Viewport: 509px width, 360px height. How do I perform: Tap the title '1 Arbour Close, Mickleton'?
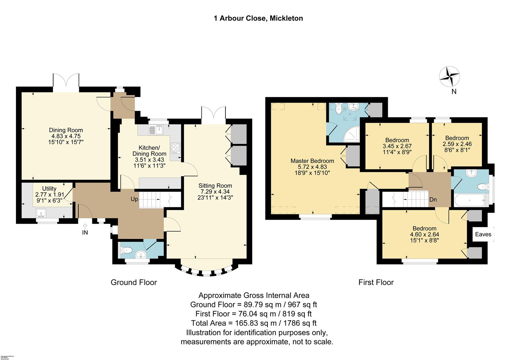[258, 18]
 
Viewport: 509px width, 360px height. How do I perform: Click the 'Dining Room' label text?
[66, 130]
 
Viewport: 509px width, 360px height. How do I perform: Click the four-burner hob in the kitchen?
[175, 148]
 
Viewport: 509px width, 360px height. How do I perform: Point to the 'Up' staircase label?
[134, 199]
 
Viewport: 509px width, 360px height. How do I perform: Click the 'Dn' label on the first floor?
[433, 200]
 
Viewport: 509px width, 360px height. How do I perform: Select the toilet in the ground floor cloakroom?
[126, 250]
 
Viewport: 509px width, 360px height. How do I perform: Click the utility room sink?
[42, 212]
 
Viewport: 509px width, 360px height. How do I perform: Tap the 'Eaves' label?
[483, 234]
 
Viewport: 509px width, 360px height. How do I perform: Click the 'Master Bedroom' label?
[312, 161]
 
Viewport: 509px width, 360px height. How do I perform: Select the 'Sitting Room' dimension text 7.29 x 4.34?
[215, 192]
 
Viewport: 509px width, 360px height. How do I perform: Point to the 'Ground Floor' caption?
[134, 283]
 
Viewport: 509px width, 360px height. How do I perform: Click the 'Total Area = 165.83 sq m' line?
[254, 323]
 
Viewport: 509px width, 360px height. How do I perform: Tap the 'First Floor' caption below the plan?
[376, 283]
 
